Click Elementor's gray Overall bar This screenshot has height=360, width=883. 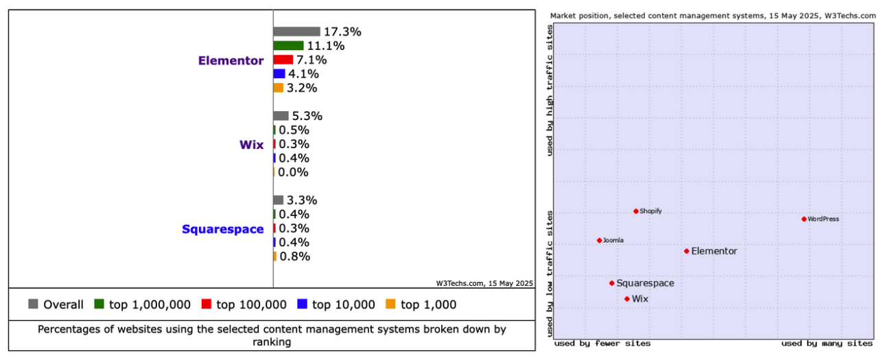click(296, 32)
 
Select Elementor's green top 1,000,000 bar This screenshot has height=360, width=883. click(288, 46)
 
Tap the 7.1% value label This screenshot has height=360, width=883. click(311, 60)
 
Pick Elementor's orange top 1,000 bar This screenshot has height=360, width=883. click(278, 88)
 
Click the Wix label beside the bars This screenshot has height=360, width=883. click(251, 145)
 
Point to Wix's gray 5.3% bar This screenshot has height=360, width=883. click(281, 116)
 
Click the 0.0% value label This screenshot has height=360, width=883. click(293, 172)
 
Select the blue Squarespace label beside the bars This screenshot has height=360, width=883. click(222, 229)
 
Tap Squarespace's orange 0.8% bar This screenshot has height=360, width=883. click(275, 256)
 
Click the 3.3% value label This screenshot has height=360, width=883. click(301, 200)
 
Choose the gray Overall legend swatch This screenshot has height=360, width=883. click(33, 304)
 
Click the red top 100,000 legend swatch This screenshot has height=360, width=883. click(206, 304)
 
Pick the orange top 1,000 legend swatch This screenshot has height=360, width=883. click(390, 304)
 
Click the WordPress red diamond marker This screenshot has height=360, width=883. click(804, 219)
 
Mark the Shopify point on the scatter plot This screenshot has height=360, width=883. click(636, 211)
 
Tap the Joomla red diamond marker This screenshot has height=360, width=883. click(600, 240)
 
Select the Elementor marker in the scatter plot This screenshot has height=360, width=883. click(686, 251)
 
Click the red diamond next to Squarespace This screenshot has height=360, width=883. click(612, 283)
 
